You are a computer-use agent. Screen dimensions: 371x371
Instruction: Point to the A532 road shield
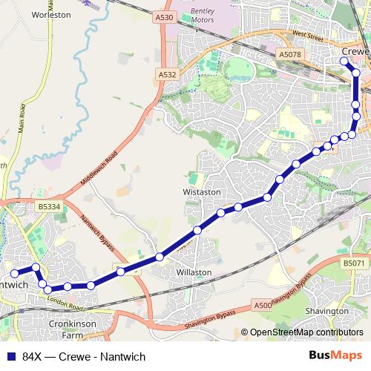tap(166, 74)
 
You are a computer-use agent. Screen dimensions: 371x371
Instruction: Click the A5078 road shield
tap(290, 55)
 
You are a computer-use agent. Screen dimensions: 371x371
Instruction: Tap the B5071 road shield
tap(355, 263)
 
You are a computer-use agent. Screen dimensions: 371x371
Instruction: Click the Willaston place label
tap(194, 272)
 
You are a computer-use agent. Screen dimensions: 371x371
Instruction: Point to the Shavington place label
tap(326, 311)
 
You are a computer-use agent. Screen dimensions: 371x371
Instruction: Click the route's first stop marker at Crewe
tap(344, 61)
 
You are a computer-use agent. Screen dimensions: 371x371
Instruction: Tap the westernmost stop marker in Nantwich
tap(14, 274)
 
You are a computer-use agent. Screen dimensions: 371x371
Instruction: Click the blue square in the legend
tap(11, 356)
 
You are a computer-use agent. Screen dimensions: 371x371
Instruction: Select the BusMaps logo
tap(335, 355)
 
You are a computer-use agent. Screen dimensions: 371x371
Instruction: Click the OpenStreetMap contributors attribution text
tap(306, 332)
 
